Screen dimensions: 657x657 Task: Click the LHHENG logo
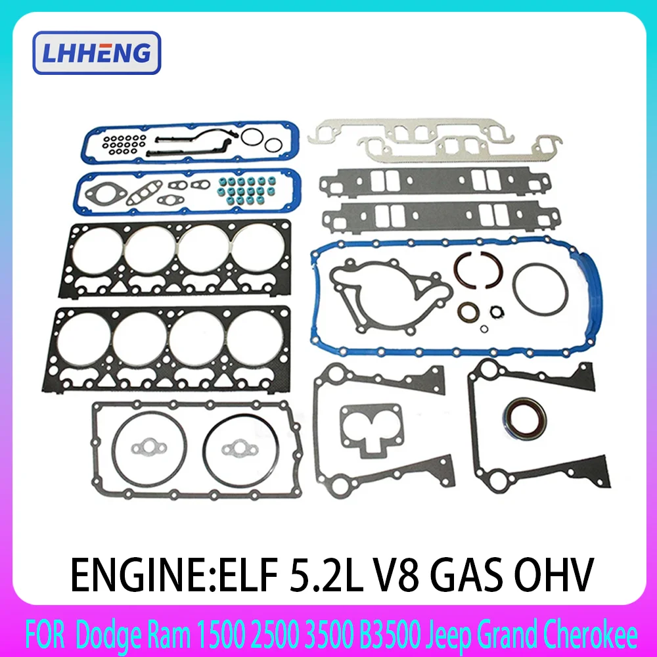[x=96, y=53]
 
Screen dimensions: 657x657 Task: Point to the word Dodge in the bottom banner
[x=101, y=636]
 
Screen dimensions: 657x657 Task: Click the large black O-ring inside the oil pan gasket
[x=539, y=290]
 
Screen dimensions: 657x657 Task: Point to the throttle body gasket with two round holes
[x=369, y=430]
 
